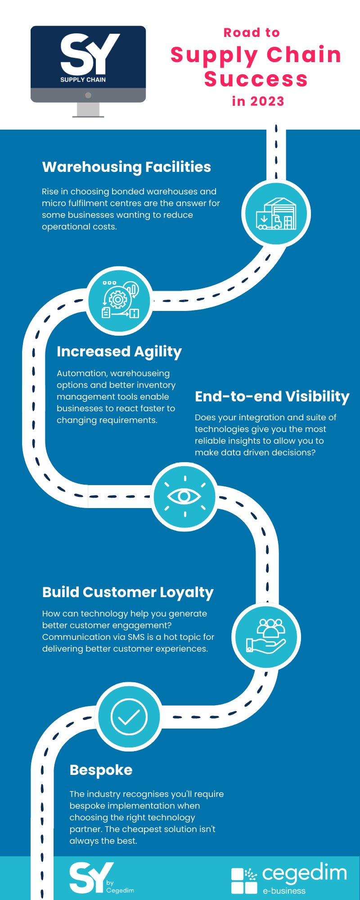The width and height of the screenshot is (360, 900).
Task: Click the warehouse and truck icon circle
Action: (x=276, y=214)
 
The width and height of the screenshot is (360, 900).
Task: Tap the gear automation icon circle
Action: (x=120, y=301)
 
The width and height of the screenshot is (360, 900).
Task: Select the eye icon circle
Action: (x=184, y=496)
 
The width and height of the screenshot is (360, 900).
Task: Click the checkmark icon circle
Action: (x=129, y=717)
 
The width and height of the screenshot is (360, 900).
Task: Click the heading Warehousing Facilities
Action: (x=126, y=167)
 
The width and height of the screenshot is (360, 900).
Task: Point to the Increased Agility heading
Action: (x=119, y=352)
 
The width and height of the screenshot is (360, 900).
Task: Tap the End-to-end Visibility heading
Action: (x=272, y=396)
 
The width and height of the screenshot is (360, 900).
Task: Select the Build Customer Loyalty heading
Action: (x=128, y=593)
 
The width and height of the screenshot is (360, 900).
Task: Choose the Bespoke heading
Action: (x=101, y=770)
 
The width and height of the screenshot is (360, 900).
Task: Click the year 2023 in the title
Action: (x=267, y=101)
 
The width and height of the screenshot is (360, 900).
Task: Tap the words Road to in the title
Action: (x=252, y=32)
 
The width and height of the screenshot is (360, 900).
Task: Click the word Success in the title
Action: (x=256, y=79)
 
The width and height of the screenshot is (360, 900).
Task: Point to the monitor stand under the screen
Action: (x=88, y=110)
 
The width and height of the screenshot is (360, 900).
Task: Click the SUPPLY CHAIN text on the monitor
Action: (x=83, y=80)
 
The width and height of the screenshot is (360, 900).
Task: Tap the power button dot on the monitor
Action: (x=88, y=95)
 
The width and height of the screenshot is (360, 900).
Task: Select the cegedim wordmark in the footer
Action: (x=305, y=873)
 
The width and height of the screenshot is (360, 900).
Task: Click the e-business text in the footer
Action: (x=284, y=891)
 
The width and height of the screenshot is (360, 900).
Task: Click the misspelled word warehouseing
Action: (x=141, y=373)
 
